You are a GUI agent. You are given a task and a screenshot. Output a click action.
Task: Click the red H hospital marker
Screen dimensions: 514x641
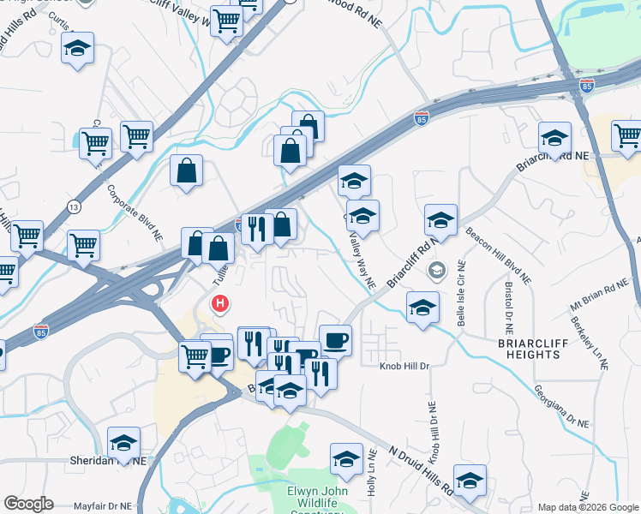[x=221, y=303]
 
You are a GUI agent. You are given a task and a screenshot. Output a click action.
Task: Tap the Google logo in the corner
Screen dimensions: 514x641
[x=28, y=504]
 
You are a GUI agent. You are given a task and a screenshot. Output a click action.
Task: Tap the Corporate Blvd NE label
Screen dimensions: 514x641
[x=135, y=210]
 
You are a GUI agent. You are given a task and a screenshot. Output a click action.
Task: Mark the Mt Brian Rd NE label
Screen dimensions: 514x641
[x=599, y=297]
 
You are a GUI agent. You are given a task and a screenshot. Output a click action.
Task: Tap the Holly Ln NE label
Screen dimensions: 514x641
[x=372, y=474]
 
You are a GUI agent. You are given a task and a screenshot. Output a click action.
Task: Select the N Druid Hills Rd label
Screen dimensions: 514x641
[x=420, y=469]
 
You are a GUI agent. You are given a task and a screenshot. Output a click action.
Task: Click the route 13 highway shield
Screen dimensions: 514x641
[x=75, y=207]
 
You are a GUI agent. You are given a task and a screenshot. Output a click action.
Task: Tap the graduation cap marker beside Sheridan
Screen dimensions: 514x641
[x=123, y=444]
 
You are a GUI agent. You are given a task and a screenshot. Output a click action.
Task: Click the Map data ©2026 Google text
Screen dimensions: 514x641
[x=588, y=507]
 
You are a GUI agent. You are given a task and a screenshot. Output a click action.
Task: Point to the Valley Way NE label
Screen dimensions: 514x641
[x=362, y=262]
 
